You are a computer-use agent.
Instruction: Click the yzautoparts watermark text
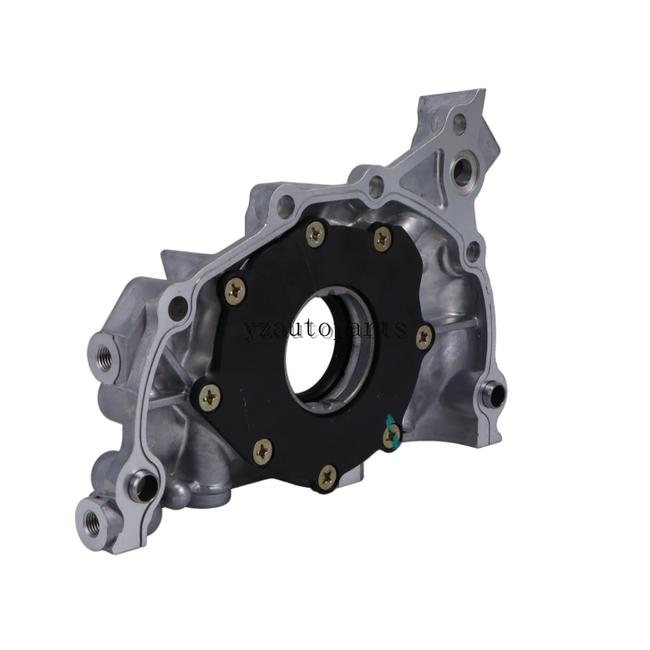point(325,327)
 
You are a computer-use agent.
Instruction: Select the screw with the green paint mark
point(391,435)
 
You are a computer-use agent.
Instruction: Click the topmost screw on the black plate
point(317,235)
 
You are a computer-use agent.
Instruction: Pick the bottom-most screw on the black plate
point(328,478)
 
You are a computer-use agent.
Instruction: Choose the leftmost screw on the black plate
point(210,398)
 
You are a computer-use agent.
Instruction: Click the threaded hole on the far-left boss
point(101,358)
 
